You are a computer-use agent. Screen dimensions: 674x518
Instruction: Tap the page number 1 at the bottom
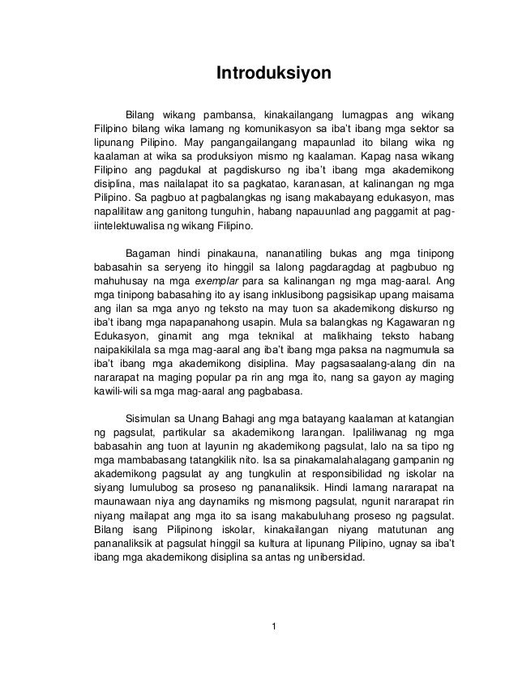coord(274,625)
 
